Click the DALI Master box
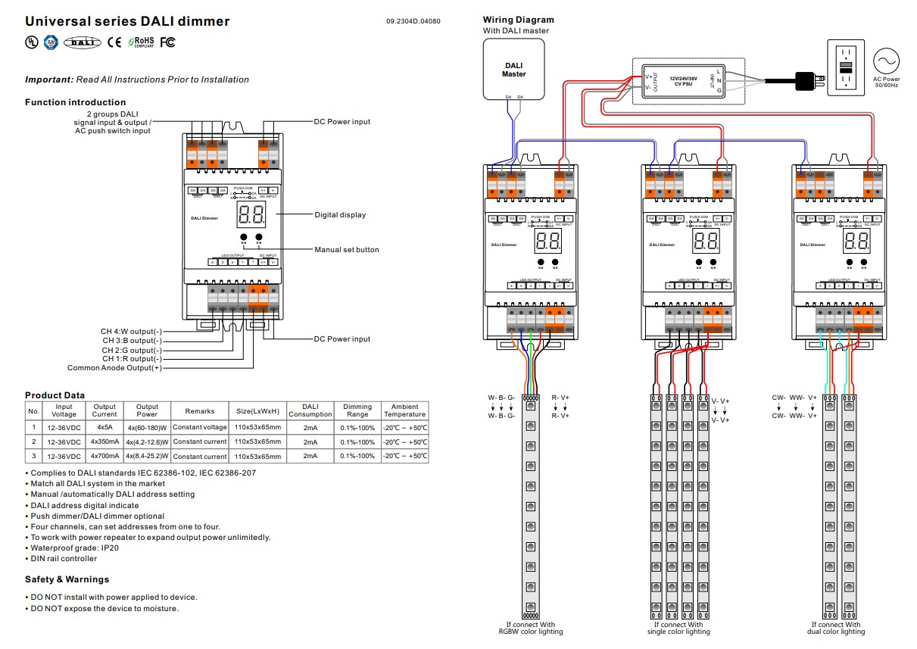513,70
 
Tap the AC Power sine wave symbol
885,60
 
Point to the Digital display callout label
340,215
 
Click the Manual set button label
347,250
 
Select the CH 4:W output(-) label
131,332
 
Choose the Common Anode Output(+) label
114,368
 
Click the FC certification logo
167,42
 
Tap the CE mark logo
114,42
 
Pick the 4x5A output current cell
104,427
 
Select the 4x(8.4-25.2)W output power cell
147,457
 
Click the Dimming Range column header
357,410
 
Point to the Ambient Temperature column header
404,410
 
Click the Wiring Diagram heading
518,20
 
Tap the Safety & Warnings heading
67,579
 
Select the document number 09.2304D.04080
413,21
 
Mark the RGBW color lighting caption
530,632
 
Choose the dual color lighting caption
835,632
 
